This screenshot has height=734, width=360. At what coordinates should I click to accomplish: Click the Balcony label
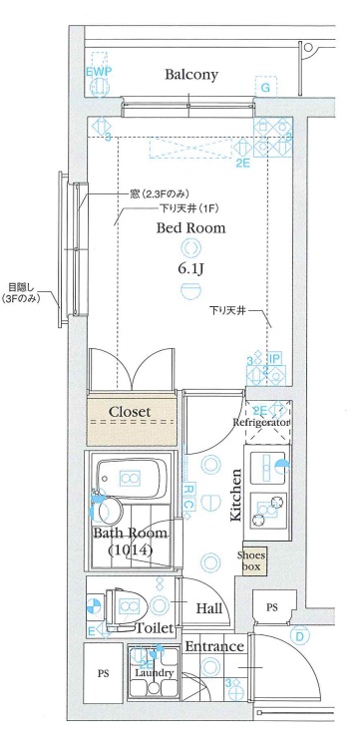click(x=191, y=75)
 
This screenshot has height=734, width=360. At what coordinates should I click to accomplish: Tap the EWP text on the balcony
click(x=98, y=74)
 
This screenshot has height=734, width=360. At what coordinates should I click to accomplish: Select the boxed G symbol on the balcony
click(x=265, y=89)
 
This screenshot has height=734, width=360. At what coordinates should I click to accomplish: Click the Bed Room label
click(x=189, y=227)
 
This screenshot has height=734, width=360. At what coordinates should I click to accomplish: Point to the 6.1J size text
click(x=189, y=268)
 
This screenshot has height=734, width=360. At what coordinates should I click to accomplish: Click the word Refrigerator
click(x=261, y=423)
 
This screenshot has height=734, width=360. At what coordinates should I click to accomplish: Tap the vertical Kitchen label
click(x=237, y=497)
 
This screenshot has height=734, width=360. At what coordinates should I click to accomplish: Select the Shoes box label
click(x=250, y=560)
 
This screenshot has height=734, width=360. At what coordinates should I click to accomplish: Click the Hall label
click(x=209, y=607)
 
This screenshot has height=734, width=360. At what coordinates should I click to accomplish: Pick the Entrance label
click(x=213, y=647)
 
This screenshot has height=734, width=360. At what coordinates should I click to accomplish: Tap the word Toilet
click(x=155, y=628)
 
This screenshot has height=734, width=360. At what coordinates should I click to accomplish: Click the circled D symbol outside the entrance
click(x=297, y=634)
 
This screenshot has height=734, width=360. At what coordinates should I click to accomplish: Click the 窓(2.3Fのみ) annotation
click(x=146, y=191)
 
